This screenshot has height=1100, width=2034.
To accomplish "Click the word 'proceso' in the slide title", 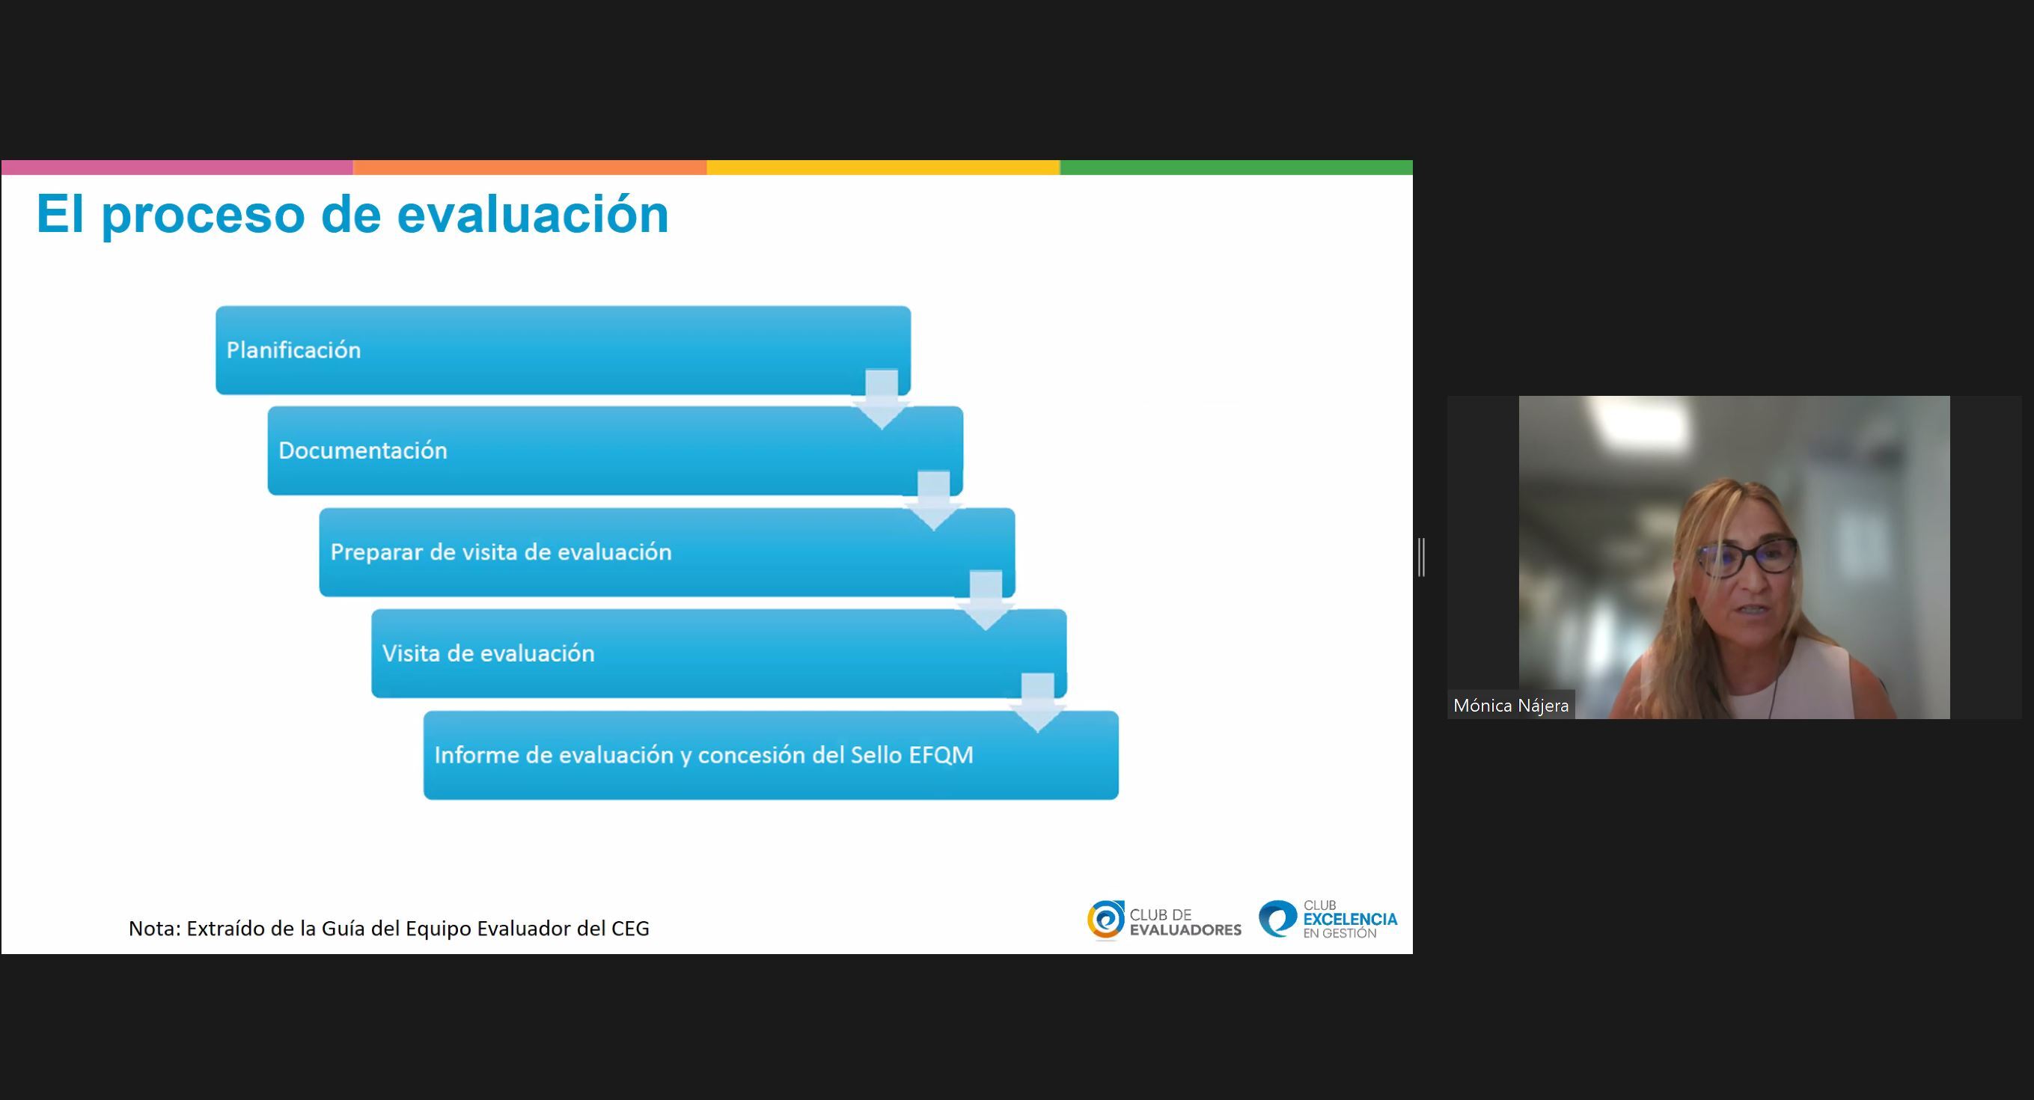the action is tap(204, 216).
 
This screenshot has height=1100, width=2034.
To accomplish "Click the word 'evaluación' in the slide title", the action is tap(533, 214).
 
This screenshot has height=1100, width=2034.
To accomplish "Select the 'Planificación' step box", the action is tap(563, 349).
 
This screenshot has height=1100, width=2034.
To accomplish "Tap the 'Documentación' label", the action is tap(362, 450).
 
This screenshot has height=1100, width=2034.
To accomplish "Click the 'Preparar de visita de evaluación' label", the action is tap(501, 551).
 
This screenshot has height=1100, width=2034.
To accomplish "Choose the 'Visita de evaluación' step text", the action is tap(488, 653).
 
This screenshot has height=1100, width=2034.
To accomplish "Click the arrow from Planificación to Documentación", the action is tap(882, 400).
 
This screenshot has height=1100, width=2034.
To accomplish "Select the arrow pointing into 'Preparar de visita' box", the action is tap(933, 501).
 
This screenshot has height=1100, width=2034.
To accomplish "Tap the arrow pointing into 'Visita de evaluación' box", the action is tap(986, 601).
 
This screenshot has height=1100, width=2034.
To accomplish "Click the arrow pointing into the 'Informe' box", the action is tap(1037, 703).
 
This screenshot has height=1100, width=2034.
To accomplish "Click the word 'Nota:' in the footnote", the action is tap(155, 928).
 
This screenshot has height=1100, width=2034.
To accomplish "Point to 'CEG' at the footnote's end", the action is tap(630, 928).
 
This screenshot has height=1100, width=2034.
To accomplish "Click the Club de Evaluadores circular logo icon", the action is tap(1105, 920).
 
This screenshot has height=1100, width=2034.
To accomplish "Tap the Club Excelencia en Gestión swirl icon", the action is tap(1277, 919).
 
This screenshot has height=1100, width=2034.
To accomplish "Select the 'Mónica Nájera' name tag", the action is tap(1510, 705).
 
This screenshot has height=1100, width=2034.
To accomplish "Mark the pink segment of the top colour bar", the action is tap(177, 168).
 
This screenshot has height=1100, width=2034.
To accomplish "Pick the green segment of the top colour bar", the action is tap(1236, 168).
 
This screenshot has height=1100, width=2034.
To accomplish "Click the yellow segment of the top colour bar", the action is tap(883, 168).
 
